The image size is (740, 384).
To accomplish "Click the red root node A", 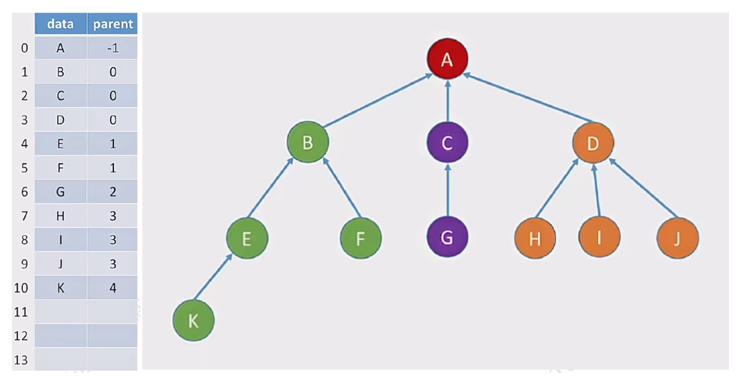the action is pos(448,59).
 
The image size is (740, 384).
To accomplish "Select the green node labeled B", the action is pos(308,142).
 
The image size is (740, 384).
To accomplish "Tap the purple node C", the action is pos(448,142).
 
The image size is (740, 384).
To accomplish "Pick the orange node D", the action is pos(593,142).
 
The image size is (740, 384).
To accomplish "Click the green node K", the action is pos(193,320).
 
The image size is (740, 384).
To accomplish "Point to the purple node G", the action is pos(448,237).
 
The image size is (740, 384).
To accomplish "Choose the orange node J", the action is pos(678,238).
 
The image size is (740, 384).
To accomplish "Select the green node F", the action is pos(361,238).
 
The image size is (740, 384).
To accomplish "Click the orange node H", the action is pos(535,238).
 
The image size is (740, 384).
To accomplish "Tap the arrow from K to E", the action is pos(214,277).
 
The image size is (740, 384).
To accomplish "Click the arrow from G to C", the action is pos(448,190).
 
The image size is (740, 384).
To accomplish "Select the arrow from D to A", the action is pos(528,98).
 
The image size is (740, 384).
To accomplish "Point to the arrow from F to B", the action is pos(342,188).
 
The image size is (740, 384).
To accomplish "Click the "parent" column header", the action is pos(112,24).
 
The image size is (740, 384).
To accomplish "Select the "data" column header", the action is pos(60,24).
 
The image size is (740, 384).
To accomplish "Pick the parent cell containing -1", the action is pos(112,48).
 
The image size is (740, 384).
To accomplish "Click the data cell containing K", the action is pos(60,287).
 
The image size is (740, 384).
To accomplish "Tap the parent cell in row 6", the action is pos(112,191).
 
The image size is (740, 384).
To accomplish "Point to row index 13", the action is pos(20,360).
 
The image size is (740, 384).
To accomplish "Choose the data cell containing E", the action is pos(60,144).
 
